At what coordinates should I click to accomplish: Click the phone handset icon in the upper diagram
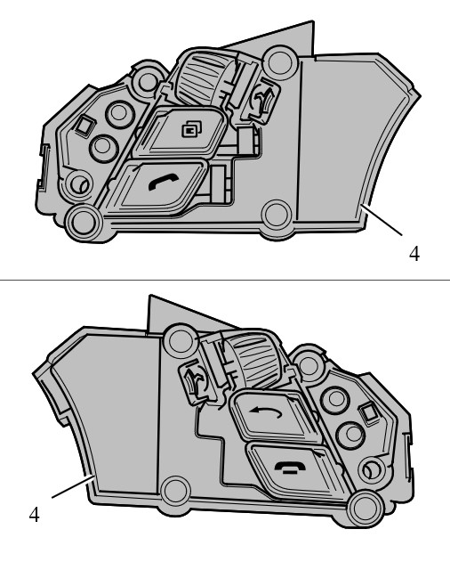[x=164, y=182]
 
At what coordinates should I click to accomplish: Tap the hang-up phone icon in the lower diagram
[x=290, y=468]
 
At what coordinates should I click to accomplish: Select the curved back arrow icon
[x=266, y=412]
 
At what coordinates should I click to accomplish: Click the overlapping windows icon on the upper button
[x=192, y=129]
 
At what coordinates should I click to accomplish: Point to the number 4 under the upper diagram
[x=414, y=254]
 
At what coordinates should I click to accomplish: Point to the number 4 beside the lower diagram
[x=35, y=515]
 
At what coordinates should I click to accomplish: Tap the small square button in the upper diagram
[x=84, y=126]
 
